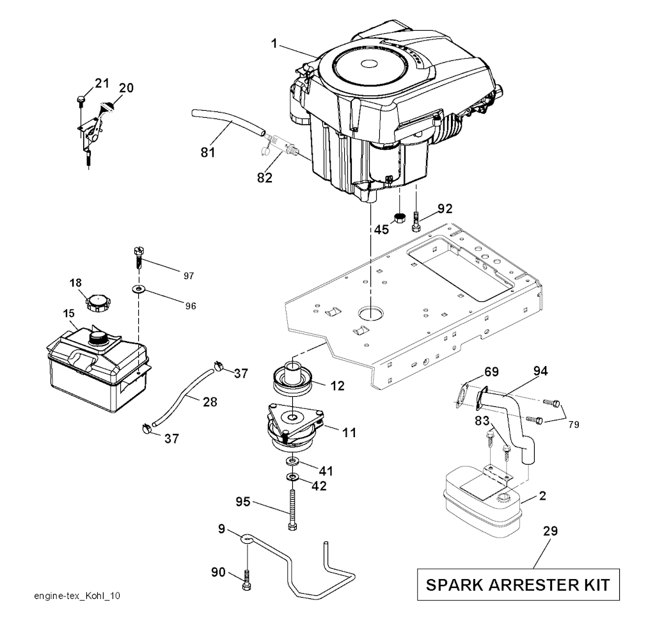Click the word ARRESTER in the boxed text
point(519,584)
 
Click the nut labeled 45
point(399,217)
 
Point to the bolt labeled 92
point(417,221)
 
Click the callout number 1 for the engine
point(273,44)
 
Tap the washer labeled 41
point(292,461)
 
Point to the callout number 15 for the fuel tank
point(68,314)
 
